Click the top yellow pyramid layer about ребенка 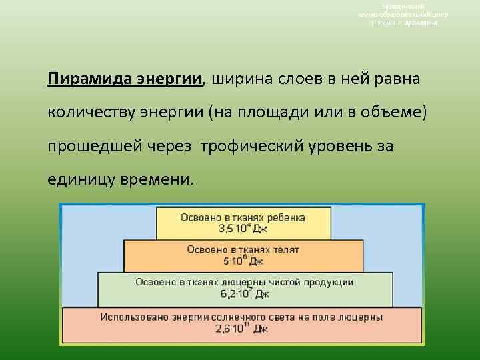click(243, 223)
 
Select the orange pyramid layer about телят click(243, 255)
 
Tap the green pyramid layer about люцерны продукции click(244, 288)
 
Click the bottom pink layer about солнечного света click(241, 323)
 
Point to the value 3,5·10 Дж click(243, 229)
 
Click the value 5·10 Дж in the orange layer click(243, 261)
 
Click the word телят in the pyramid click(286, 249)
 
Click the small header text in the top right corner click(403, 14)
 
